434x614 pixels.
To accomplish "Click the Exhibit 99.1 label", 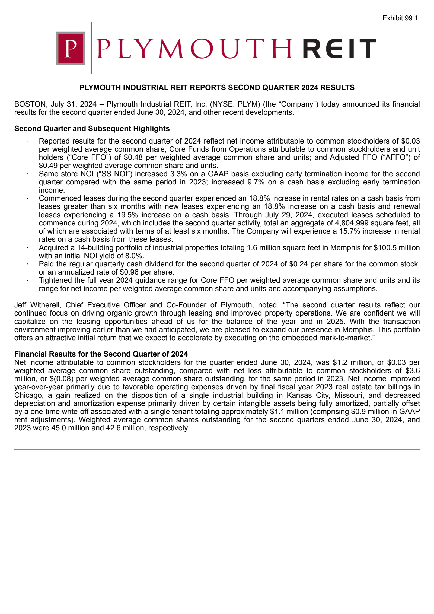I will (400, 18).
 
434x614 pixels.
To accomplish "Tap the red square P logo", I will (71, 48).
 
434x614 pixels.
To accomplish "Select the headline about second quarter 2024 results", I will (217, 88).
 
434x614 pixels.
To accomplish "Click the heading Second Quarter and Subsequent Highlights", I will (92, 129).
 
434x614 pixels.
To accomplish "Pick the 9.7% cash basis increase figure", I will (256, 182).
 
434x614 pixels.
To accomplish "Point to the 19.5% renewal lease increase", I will (127, 215).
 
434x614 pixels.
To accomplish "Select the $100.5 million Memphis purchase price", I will (397, 248).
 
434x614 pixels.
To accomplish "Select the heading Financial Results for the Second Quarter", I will (101, 354).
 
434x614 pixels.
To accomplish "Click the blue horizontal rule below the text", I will (217, 450).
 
